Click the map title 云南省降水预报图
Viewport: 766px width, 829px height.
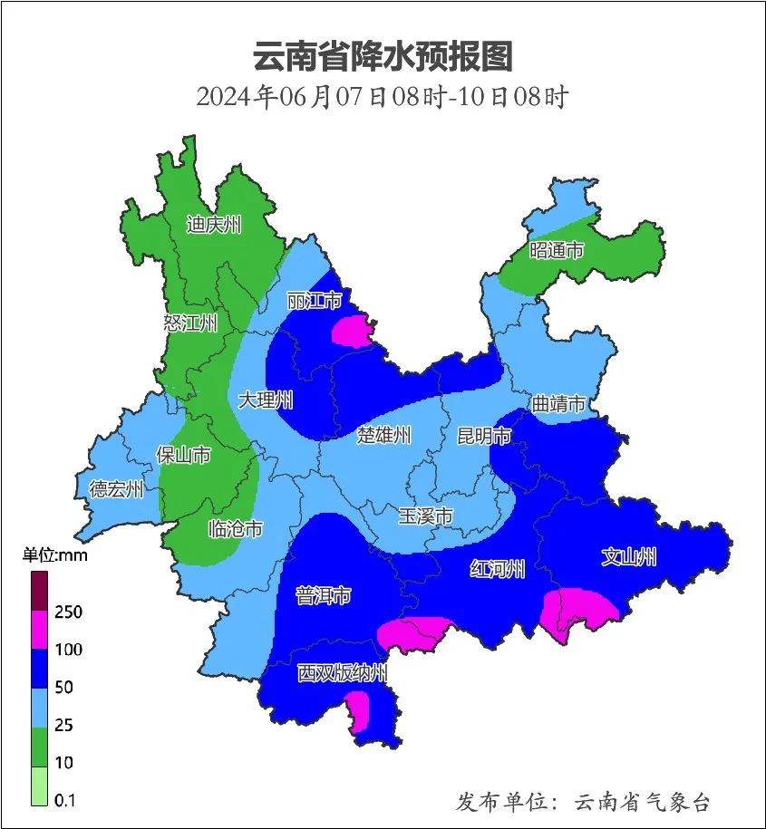[x=383, y=56]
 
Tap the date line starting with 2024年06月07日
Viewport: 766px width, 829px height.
[x=382, y=96]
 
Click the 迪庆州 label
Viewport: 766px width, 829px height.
[x=214, y=224]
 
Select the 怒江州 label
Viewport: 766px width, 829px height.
[x=190, y=323]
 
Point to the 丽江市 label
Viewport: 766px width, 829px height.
[x=314, y=300]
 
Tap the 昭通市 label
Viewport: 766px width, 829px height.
[x=557, y=250]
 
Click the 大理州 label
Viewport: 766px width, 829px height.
[x=266, y=400]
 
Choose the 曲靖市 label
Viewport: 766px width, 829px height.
[x=558, y=403]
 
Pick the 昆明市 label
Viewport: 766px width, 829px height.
[x=483, y=437]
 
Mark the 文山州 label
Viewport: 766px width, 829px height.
[x=629, y=556]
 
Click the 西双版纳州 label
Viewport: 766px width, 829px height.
[x=343, y=673]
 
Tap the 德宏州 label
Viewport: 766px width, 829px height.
[x=116, y=489]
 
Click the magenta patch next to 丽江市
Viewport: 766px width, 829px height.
[x=354, y=331]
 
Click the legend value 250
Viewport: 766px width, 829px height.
[x=67, y=612]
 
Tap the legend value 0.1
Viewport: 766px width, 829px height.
[x=65, y=800]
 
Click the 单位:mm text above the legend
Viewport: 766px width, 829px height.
[x=55, y=555]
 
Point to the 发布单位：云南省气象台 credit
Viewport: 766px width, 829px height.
[x=583, y=801]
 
